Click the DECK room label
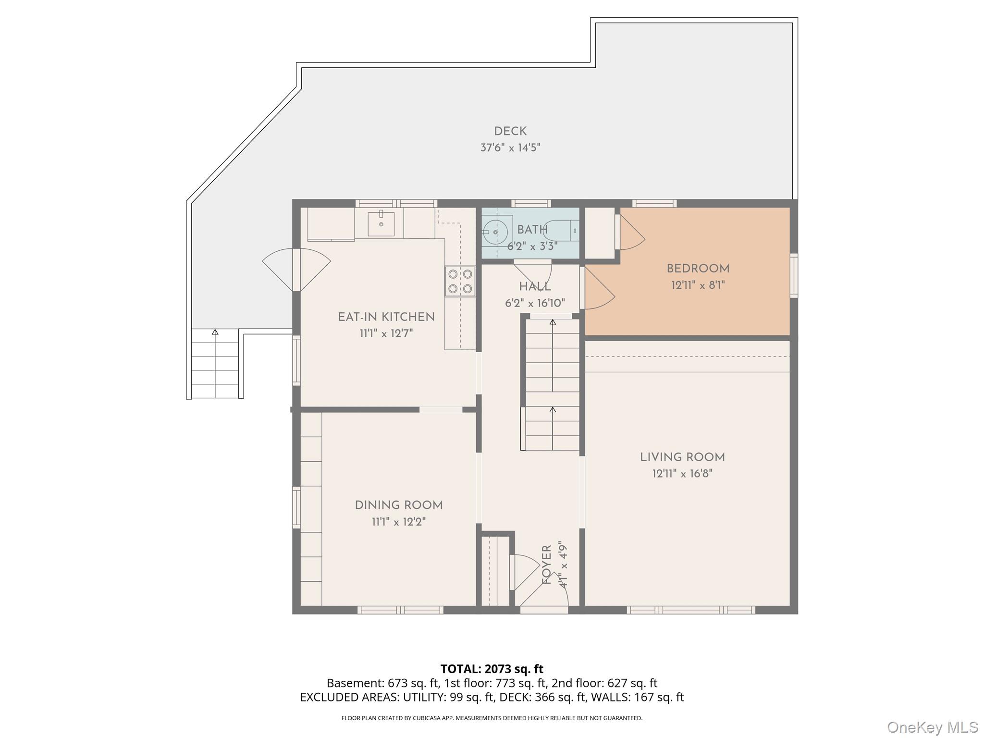pyautogui.click(x=510, y=131)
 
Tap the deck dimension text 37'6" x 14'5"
pyautogui.click(x=510, y=148)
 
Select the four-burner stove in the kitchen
pyautogui.click(x=460, y=282)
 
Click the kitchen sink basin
pyautogui.click(x=381, y=224)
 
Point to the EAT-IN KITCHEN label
pyautogui.click(x=386, y=317)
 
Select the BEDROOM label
pyautogui.click(x=698, y=269)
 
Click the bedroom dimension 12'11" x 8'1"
pyautogui.click(x=698, y=285)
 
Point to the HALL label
pyautogui.click(x=535, y=287)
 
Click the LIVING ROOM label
pyautogui.click(x=682, y=457)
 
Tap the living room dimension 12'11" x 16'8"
pyautogui.click(x=682, y=474)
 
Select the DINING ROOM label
pyautogui.click(x=399, y=505)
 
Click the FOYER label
pyautogui.click(x=547, y=565)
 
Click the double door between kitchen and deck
pyautogui.click(x=296, y=270)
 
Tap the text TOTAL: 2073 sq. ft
pyautogui.click(x=492, y=669)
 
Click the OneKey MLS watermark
pyautogui.click(x=933, y=727)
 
